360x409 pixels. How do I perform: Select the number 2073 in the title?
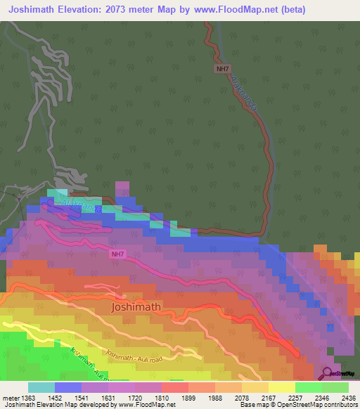tap(143, 10)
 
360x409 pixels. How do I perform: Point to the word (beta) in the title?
tap(335, 10)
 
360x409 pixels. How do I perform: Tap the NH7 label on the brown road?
tap(222, 69)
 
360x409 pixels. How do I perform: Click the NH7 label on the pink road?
tap(117, 254)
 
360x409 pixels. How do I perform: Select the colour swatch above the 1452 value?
tap(67, 387)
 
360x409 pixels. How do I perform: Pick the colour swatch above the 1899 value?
tap(175, 387)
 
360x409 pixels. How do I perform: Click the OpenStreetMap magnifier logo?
tap(326, 373)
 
